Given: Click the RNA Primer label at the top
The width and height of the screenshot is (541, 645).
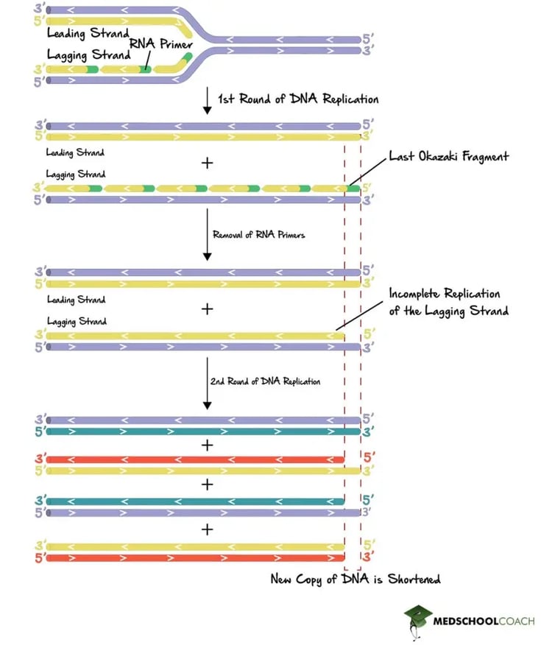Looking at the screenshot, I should click(160, 44).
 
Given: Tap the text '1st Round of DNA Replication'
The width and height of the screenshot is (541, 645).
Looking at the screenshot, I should click(297, 99).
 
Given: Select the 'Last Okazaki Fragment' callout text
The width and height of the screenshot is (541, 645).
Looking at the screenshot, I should click(449, 157).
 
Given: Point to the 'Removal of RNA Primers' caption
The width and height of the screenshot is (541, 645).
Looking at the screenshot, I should click(258, 236).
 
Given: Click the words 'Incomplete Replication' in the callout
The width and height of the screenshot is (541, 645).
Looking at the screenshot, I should click(445, 294).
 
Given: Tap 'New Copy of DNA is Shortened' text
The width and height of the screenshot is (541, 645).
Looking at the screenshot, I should click(356, 579).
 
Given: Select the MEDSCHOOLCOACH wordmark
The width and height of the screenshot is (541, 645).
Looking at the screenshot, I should click(483, 621).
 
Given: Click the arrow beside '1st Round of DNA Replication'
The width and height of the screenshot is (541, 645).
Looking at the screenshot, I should click(208, 99).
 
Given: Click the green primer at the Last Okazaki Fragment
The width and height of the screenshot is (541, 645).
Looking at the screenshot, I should click(353, 188).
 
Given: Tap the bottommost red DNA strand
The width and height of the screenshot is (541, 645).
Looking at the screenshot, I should click(195, 558).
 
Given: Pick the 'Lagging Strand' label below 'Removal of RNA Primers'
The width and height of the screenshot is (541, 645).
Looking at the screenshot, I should click(76, 321).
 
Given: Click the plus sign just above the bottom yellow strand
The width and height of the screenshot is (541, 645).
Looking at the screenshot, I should click(208, 529).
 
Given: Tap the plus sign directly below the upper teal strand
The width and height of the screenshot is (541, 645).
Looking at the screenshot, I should click(208, 445).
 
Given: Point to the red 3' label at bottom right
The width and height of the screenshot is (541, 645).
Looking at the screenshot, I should click(368, 559).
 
